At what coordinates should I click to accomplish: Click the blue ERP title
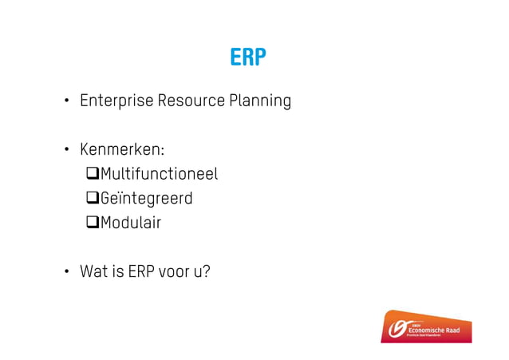pos(247,58)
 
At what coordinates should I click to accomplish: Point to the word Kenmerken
pos(120,150)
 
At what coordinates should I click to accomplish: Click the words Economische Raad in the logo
pos(437,330)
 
